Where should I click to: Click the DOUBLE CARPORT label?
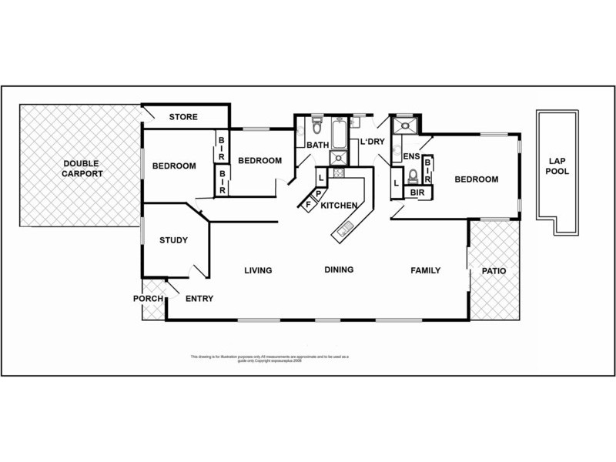(83, 168)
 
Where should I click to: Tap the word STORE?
(183, 118)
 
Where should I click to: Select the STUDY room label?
(173, 240)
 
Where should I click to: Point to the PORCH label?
(148, 299)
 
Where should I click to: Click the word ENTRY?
(199, 299)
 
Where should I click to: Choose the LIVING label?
(259, 270)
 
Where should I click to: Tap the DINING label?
(339, 270)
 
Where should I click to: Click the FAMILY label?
(425, 270)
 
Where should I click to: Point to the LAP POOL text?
(558, 166)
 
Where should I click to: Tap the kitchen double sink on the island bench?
(343, 228)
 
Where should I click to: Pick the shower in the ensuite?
(404, 126)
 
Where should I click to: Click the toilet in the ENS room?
(413, 175)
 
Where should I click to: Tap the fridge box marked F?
(309, 205)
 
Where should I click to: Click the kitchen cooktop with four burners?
(337, 158)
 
